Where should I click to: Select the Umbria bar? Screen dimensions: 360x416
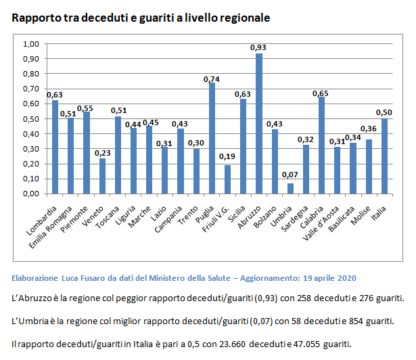pos(290,188)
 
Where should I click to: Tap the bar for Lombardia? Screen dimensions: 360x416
pos(55,147)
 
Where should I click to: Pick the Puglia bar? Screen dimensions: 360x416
pos(212,138)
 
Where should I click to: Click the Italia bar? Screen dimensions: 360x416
pos(384,156)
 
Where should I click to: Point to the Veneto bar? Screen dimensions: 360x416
pos(102,176)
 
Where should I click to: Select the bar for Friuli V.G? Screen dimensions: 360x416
pos(227,179)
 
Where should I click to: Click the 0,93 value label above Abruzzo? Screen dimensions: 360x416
pos(258,47)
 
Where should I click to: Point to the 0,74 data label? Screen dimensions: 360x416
pos(212,79)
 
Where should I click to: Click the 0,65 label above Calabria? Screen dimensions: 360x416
pos(321,93)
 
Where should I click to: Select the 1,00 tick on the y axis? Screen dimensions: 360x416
pos(32,44)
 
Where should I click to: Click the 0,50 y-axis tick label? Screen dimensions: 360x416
pos(32,118)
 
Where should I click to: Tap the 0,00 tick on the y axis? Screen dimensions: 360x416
pos(32,194)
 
